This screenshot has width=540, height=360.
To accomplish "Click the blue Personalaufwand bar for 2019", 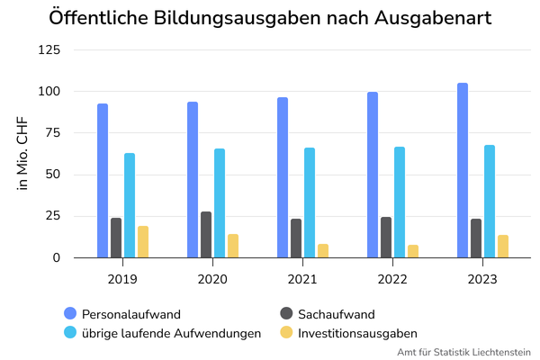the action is point(103,181).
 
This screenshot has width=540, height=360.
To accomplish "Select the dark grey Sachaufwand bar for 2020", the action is point(206,235).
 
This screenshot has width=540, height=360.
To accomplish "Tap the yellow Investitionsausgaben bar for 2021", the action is point(323,251).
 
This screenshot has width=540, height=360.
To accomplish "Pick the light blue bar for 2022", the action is point(400,202).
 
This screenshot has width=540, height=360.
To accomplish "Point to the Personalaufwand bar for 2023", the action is point(463,170).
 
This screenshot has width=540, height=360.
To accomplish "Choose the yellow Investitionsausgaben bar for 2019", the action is point(143,242).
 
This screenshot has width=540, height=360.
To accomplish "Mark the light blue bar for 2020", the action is point(220,203).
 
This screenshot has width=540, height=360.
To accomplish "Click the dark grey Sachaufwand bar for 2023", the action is point(476,238).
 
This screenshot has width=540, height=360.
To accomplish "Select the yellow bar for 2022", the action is point(413,251).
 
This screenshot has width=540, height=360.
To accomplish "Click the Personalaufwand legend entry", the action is point(122,314).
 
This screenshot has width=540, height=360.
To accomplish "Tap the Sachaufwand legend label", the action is point(337,314).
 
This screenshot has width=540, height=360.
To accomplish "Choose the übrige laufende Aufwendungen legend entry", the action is point(163,333).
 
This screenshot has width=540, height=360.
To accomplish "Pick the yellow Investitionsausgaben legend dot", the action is point(286,332).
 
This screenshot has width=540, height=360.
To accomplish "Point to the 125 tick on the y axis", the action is point(49,50).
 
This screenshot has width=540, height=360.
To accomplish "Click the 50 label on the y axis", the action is point(53,175).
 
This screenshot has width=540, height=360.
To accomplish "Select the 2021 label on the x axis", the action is point(302,279).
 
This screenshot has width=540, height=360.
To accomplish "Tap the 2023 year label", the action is point(482,279).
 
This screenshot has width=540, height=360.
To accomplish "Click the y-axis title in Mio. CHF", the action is point(22,153).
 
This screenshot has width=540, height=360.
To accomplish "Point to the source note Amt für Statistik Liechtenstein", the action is point(463,352).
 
